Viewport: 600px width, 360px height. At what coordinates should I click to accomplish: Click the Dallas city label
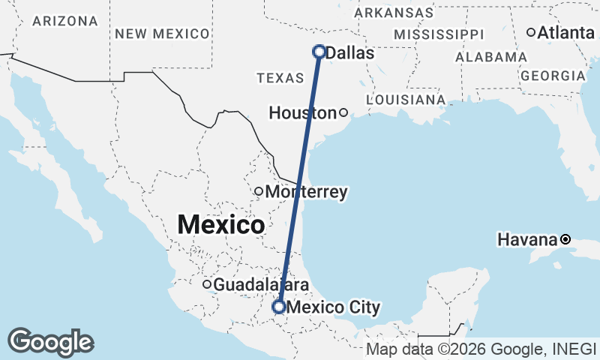click(x=350, y=53)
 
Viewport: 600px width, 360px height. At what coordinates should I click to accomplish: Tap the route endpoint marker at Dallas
click(x=319, y=52)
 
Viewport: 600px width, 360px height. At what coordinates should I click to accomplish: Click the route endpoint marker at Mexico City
click(x=279, y=307)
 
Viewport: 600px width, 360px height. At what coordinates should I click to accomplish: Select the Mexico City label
click(x=334, y=307)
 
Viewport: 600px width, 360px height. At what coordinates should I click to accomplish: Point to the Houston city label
click(x=302, y=113)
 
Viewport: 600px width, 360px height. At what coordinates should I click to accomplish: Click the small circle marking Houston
click(x=343, y=113)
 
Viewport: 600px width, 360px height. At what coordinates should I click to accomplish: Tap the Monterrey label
click(x=306, y=193)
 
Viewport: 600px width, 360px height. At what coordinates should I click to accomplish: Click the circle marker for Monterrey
click(x=259, y=191)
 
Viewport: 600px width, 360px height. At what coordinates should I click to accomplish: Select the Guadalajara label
click(x=262, y=285)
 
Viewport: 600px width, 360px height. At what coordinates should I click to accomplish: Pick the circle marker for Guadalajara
click(x=207, y=284)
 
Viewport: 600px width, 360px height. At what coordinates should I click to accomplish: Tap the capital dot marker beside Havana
click(x=565, y=240)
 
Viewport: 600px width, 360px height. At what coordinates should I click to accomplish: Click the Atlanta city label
click(x=565, y=32)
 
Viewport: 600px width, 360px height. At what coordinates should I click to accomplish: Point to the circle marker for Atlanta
click(x=531, y=32)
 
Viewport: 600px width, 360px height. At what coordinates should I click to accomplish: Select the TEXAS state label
click(x=280, y=78)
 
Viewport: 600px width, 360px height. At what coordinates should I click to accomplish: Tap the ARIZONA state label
click(x=65, y=21)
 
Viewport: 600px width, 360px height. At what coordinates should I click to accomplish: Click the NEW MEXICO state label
click(x=162, y=34)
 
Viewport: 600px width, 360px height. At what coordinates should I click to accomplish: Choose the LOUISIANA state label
click(x=406, y=100)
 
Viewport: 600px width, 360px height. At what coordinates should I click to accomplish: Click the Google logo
click(x=50, y=342)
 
